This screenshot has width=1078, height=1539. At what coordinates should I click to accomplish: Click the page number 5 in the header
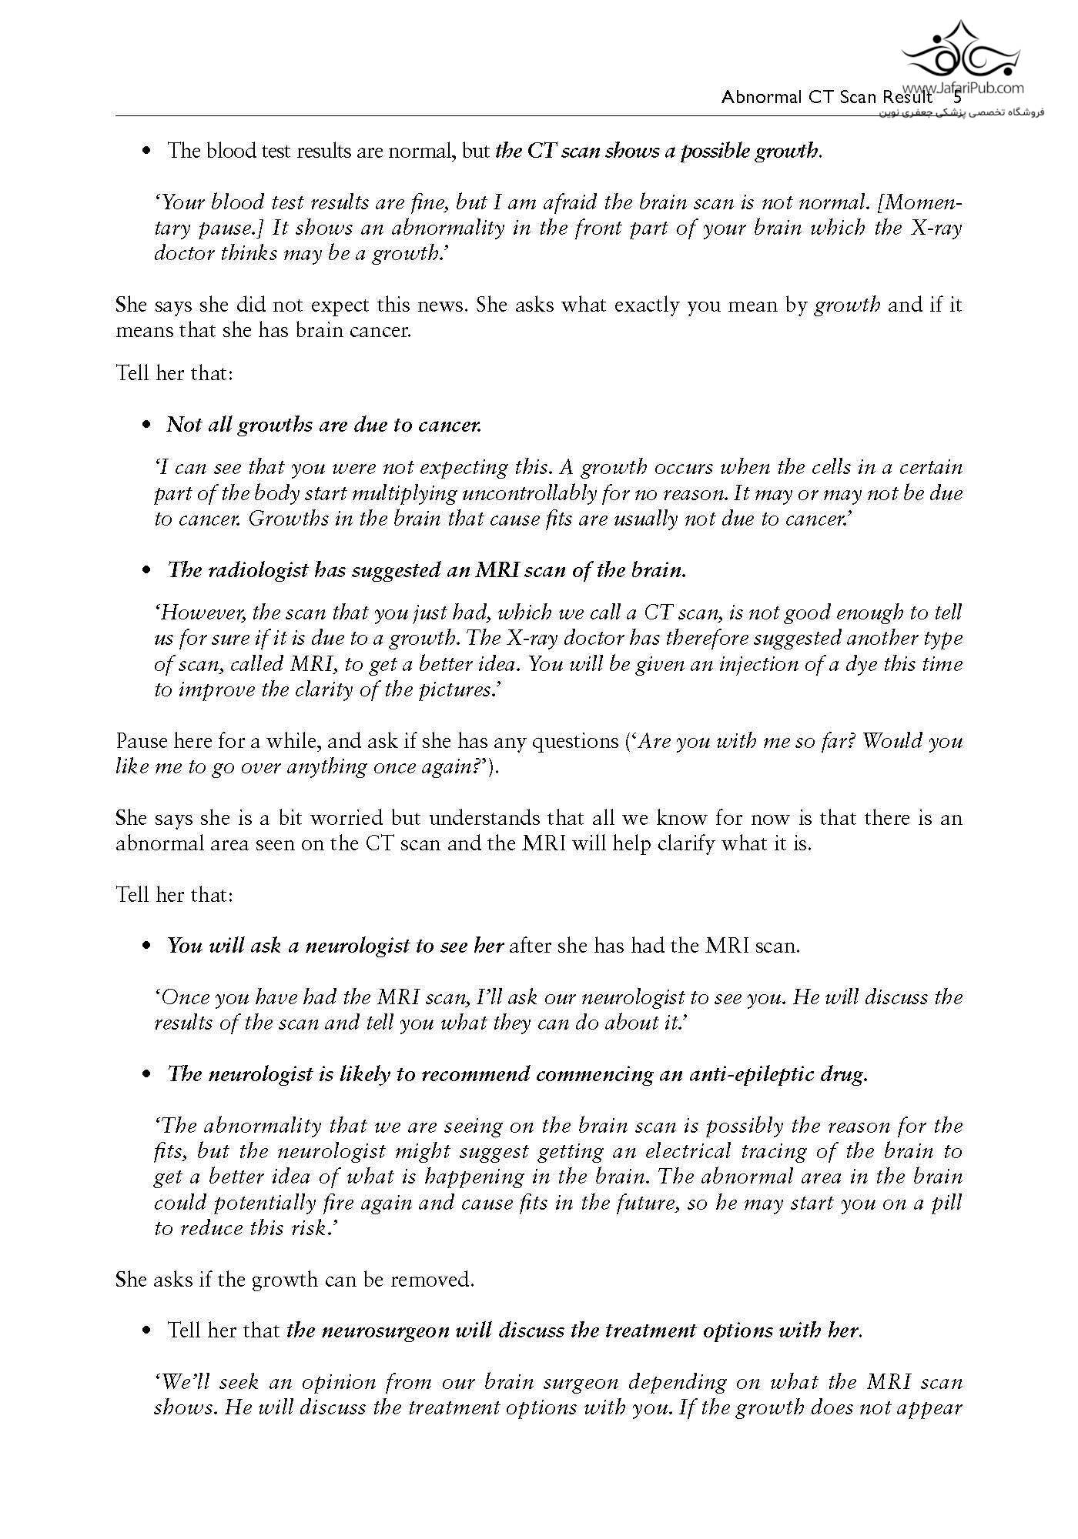[957, 98]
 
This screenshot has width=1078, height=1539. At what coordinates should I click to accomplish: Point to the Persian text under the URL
[960, 112]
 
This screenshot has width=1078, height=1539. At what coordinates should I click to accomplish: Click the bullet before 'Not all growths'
[146, 426]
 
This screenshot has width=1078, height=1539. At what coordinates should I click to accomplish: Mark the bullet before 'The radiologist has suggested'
[146, 571]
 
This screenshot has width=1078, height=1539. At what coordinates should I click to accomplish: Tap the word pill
[946, 1203]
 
